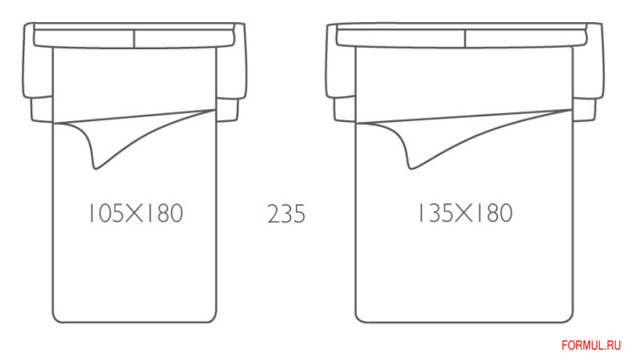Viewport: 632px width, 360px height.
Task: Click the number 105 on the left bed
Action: (106, 213)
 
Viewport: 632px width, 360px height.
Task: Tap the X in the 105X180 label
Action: (134, 213)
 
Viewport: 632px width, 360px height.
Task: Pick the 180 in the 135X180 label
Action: (494, 212)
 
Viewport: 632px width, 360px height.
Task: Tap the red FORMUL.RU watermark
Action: (591, 345)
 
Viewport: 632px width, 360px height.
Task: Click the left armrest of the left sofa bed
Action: (38, 73)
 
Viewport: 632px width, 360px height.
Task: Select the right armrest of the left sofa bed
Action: (231, 73)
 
